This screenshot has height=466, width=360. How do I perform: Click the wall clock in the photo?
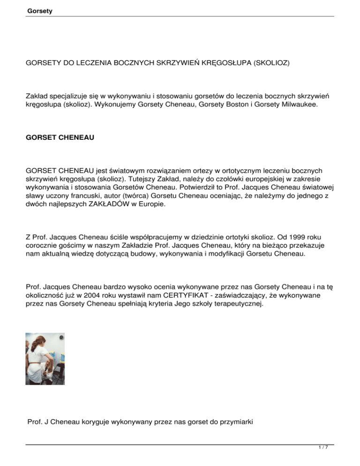[x=62, y=337]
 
